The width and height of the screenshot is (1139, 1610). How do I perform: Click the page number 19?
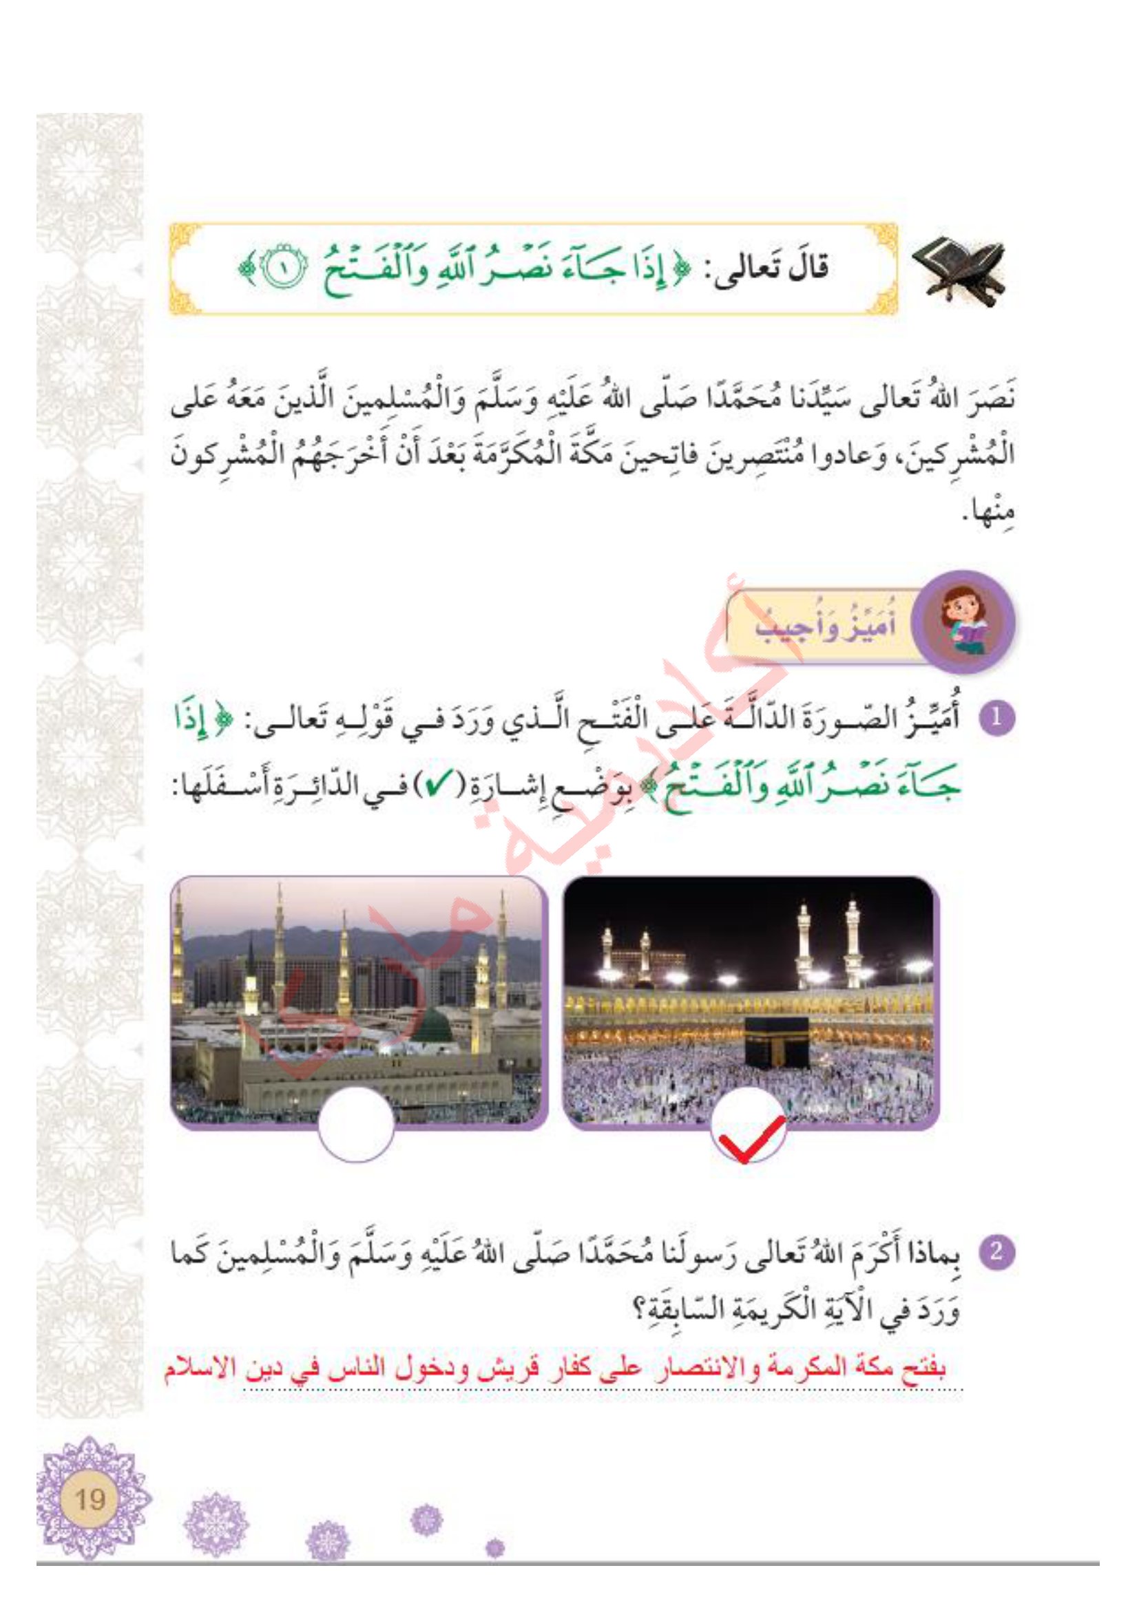point(89,1500)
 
